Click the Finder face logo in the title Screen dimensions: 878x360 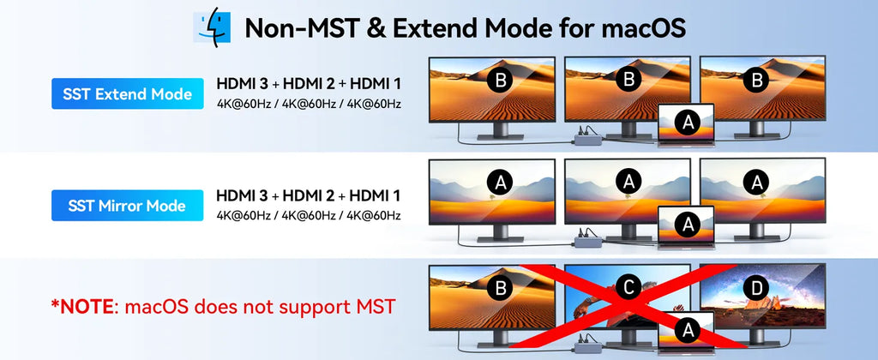pyautogui.click(x=212, y=27)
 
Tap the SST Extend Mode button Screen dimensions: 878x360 pyautogui.click(x=128, y=93)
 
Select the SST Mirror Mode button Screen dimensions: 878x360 pyautogui.click(x=128, y=206)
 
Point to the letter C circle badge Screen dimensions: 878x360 pyautogui.click(x=628, y=287)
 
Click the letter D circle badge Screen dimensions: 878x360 pyautogui.click(x=757, y=288)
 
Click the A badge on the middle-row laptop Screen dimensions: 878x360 pyautogui.click(x=687, y=225)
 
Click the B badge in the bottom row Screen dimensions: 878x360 pyautogui.click(x=500, y=287)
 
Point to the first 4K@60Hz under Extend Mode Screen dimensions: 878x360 pyautogui.click(x=243, y=104)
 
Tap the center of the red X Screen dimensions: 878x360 pyautogui.click(x=624, y=307)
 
